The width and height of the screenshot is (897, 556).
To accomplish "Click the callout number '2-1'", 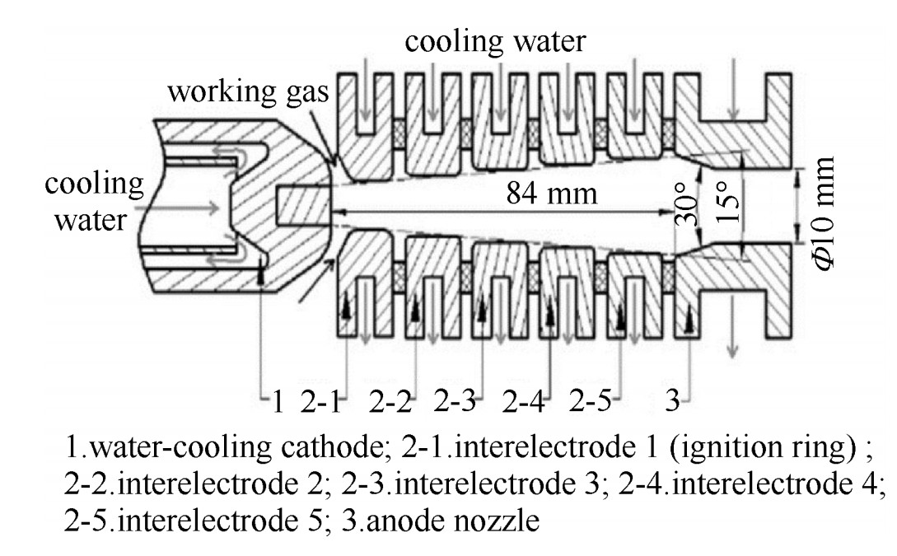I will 320,403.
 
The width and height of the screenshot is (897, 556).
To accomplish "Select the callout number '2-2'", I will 390,403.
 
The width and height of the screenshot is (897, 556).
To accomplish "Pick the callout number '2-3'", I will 456,403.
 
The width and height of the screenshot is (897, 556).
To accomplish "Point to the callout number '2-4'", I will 524,403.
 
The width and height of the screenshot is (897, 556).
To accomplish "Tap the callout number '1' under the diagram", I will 278,403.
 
